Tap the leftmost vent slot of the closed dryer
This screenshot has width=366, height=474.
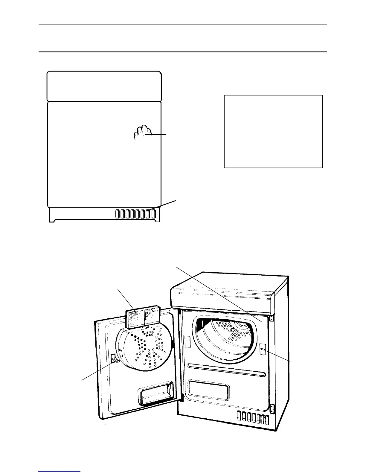[x=118, y=214]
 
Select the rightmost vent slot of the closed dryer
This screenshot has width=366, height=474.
[x=154, y=214]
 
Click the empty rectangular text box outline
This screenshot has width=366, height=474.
[x=273, y=131]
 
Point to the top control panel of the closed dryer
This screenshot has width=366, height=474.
[x=104, y=86]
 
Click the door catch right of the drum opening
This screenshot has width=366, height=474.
[x=263, y=349]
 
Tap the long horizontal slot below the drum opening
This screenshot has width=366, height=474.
[x=227, y=370]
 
